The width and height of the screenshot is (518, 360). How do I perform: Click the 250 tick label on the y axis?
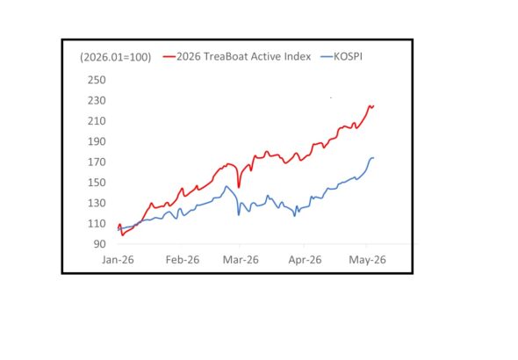97,80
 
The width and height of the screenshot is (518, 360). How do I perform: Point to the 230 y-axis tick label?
97,100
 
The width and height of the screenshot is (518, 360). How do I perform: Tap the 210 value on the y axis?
97,121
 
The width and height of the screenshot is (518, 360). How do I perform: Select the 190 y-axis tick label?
97,141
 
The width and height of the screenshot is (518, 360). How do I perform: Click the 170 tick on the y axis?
97,162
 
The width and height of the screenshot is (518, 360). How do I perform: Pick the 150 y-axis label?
97,183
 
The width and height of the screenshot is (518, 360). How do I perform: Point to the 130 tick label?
97,203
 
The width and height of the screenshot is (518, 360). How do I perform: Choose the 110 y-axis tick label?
97,224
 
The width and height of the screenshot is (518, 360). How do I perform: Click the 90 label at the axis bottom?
100,244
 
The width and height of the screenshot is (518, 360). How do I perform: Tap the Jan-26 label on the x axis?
118,260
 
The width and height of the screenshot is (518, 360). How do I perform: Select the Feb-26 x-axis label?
183,260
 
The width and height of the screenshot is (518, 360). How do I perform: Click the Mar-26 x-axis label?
241,260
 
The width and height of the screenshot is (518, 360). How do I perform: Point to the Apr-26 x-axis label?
305,260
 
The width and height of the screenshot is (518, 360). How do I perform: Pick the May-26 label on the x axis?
367,260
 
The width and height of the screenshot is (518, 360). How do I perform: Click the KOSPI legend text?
348,57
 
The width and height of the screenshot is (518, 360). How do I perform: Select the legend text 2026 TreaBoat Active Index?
243,56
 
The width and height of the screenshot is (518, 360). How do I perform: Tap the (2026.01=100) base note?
115,57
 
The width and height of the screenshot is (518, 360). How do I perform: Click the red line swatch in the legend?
169,57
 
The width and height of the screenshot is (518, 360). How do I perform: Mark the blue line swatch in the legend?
327,57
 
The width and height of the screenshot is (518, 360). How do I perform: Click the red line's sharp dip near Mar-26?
239,187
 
